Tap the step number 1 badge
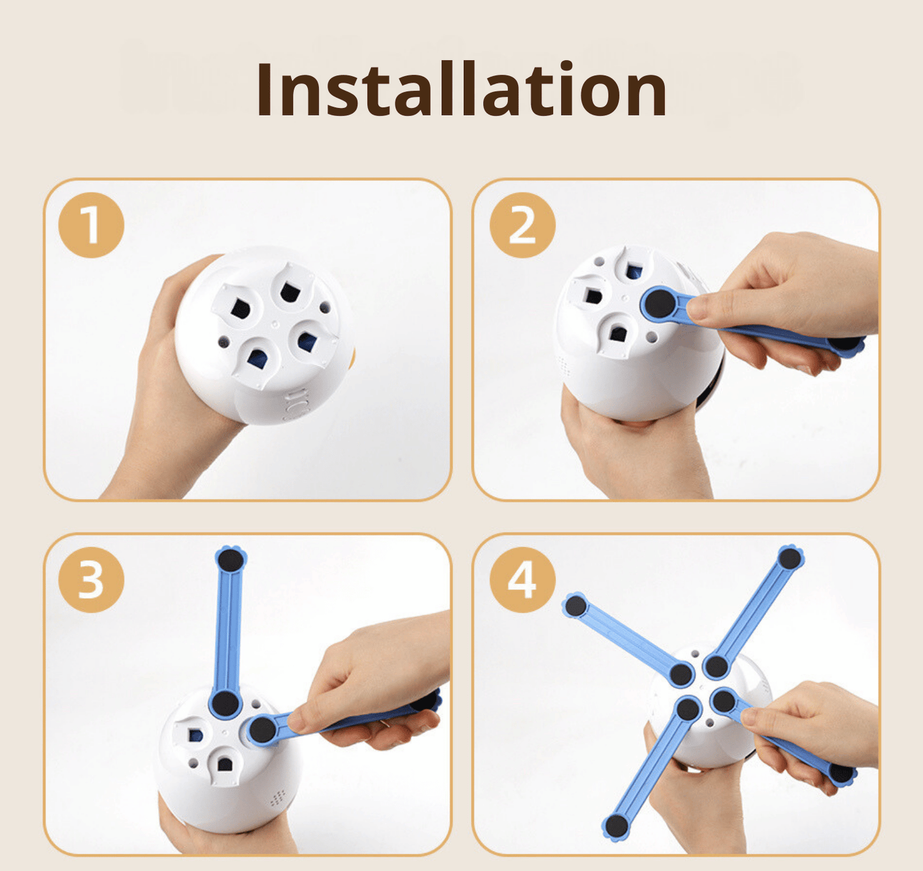91,225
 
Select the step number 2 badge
523,225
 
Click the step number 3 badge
91,580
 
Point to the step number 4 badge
523,580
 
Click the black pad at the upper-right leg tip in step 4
790,559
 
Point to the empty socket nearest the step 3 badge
192,735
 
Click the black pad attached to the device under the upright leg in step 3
225,703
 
